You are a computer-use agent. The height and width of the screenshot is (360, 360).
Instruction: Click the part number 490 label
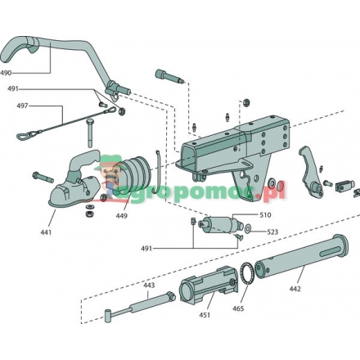(6, 73)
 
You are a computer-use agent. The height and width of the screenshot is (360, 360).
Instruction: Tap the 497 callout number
(22, 106)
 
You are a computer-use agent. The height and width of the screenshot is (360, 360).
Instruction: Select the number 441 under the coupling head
(46, 232)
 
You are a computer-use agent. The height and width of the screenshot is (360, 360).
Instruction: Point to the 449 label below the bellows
(121, 216)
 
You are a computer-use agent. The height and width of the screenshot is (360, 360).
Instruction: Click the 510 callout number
(265, 215)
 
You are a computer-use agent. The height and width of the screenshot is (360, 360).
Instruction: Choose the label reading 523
(272, 232)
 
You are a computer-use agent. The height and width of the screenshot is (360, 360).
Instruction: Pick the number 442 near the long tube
(295, 289)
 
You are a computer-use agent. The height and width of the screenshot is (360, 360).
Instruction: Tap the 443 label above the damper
(149, 286)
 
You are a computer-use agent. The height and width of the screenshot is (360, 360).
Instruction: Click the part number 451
(205, 315)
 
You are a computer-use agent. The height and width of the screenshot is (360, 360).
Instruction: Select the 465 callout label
(238, 308)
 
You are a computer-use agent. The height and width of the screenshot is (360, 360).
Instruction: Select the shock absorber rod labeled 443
(140, 307)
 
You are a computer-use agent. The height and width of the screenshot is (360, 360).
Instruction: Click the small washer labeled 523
(248, 228)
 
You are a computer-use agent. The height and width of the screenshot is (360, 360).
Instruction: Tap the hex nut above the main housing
(246, 102)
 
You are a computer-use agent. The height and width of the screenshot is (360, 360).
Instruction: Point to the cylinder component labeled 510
(223, 223)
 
